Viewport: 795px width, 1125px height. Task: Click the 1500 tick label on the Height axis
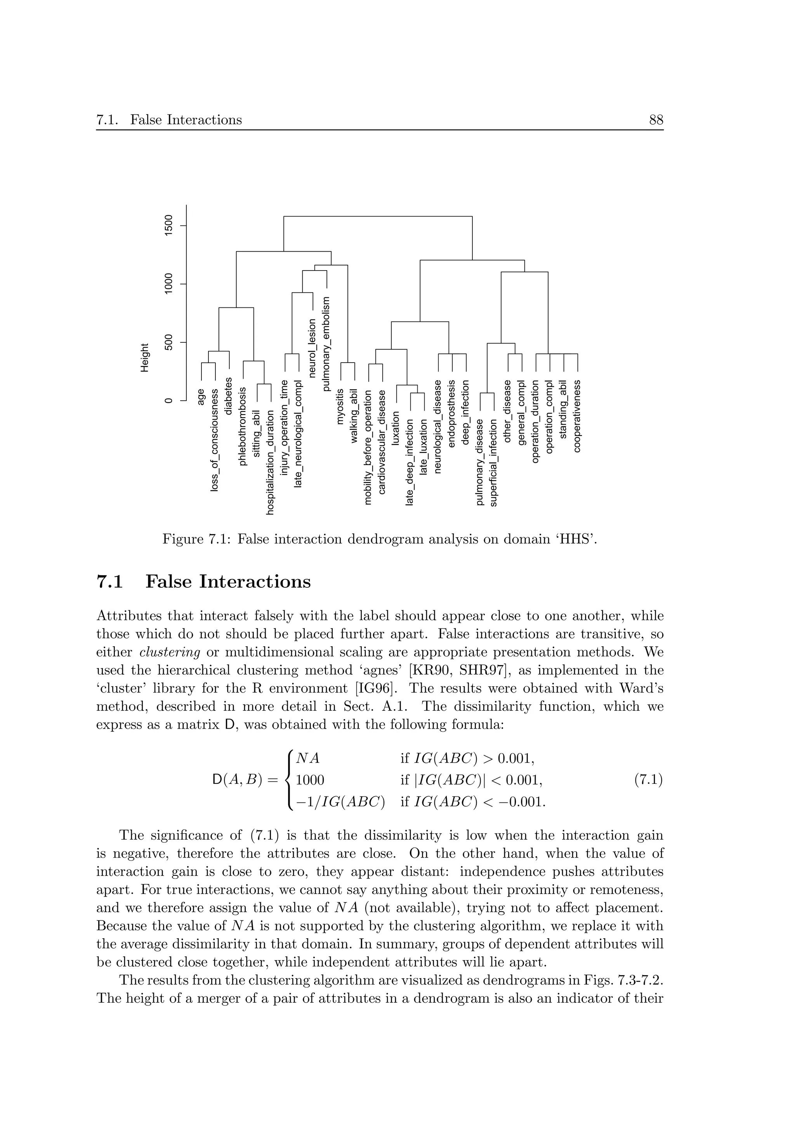click(168, 226)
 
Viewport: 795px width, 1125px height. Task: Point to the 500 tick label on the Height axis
click(168, 342)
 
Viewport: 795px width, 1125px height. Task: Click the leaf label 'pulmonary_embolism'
click(326, 343)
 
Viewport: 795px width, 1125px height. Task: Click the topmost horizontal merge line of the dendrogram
click(377, 216)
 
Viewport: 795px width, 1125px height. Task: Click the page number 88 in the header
click(656, 120)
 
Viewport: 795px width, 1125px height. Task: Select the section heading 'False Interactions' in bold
click(228, 582)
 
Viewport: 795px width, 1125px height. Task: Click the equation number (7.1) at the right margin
click(648, 780)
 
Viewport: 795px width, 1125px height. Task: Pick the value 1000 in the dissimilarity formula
click(310, 780)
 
